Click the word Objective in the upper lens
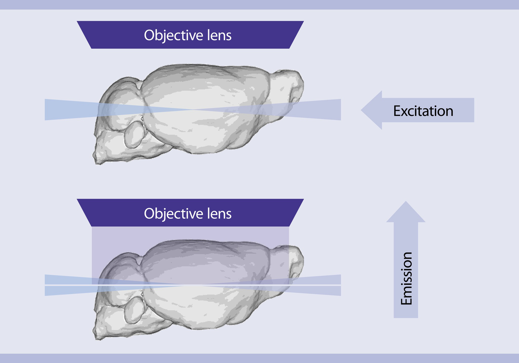[173, 35]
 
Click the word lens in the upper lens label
[219, 35]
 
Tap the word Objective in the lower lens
[173, 214]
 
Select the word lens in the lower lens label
[219, 214]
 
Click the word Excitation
[423, 111]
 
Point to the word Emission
[406, 278]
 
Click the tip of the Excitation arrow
[362, 110]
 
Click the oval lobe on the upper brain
[134, 134]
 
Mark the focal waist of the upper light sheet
[193, 109]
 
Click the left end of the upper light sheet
[45, 109]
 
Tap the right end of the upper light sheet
[340, 109]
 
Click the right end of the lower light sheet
[340, 285]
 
